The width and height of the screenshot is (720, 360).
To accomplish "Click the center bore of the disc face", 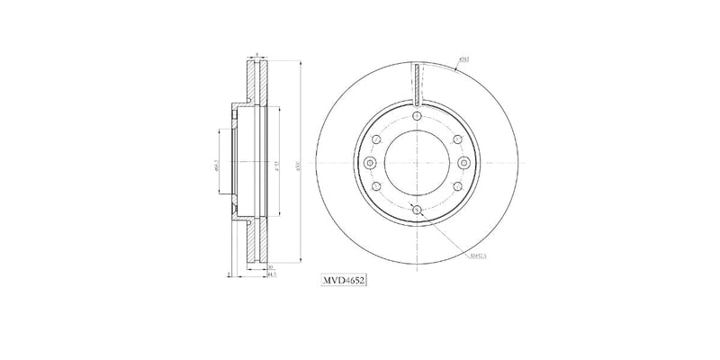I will (x=416, y=162).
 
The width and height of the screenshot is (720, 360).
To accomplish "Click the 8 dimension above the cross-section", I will (x=256, y=55).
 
